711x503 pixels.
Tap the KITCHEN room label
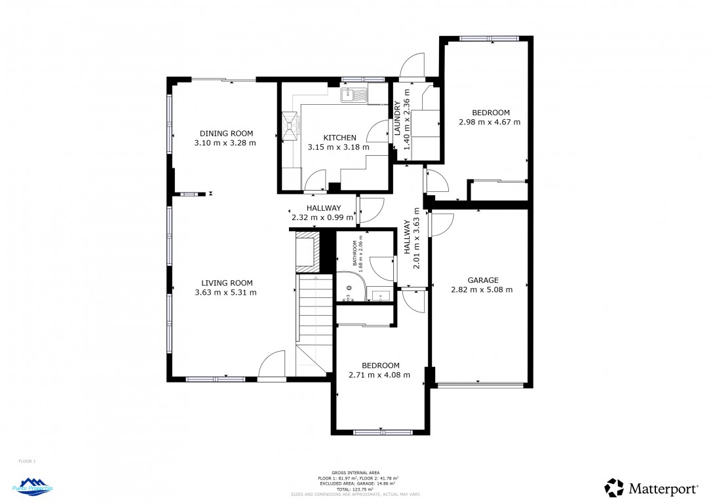pos(339,138)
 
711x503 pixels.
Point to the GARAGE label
pos(483,280)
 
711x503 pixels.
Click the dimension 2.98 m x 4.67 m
pos(490,122)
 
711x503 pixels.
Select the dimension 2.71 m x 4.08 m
pos(380,375)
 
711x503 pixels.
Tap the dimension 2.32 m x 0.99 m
pos(322,217)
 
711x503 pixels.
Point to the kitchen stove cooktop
pos(290,124)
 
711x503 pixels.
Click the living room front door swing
pos(273,365)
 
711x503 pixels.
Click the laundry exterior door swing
pos(413,67)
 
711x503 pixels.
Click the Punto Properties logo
pos(33,487)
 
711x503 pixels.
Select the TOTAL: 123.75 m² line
pos(355,489)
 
